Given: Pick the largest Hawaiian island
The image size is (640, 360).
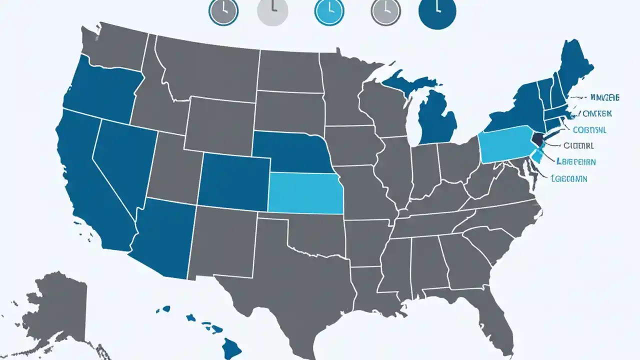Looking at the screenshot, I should pyautogui.click(x=232, y=345).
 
